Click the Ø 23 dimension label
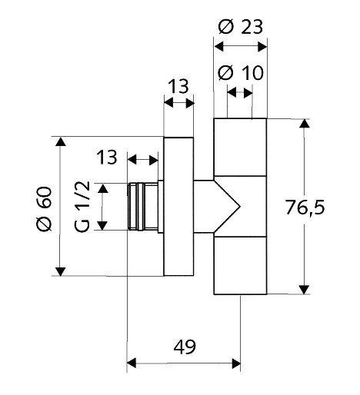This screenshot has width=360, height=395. point(241,27)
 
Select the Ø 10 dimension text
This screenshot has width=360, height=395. point(241,73)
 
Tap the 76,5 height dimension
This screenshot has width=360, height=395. point(305,207)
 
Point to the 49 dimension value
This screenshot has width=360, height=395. point(185,347)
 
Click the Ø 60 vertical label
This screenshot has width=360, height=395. point(44,209)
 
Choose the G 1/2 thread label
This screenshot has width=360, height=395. point(82,207)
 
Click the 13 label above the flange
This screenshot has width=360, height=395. point(179,86)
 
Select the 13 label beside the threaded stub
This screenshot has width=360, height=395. point(107,157)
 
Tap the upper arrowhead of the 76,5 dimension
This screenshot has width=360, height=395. point(305,124)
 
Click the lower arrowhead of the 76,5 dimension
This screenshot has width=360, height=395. point(305,290)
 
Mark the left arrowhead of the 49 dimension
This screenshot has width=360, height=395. point(132,363)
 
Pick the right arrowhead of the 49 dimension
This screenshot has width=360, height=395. point(236,363)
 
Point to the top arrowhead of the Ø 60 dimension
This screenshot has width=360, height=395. point(61,141)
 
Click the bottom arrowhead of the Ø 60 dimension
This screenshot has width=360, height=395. point(61,271)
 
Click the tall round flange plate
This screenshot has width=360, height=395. point(178,207)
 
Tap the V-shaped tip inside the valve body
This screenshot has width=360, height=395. point(239,206)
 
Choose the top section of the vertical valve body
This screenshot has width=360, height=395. point(240,148)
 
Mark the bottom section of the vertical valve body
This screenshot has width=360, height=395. point(240,265)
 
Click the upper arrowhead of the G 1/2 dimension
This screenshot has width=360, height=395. point(103,188)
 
